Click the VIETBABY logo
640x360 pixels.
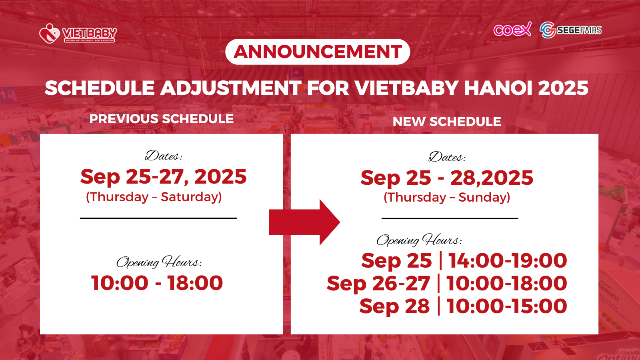click(x=78, y=34)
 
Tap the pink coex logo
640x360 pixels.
click(x=512, y=30)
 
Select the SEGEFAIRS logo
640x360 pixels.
click(x=570, y=30)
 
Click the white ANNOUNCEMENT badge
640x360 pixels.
click(x=318, y=52)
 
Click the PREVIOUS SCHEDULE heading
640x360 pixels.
click(x=162, y=119)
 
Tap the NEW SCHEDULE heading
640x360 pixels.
click(x=446, y=122)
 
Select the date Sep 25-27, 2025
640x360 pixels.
click(x=164, y=177)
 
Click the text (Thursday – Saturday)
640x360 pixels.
click(x=154, y=197)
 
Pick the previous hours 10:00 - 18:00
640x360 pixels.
click(x=157, y=283)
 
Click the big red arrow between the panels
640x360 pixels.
click(x=304, y=222)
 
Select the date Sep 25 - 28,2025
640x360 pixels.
click(x=446, y=178)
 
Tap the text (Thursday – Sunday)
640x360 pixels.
click(x=447, y=198)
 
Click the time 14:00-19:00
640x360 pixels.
click(x=508, y=260)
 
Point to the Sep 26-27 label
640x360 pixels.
click(x=378, y=284)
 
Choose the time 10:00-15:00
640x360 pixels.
click(x=506, y=306)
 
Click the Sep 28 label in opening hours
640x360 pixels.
click(x=394, y=306)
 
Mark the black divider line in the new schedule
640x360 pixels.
click(x=450, y=218)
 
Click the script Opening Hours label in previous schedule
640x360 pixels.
click(x=159, y=262)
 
